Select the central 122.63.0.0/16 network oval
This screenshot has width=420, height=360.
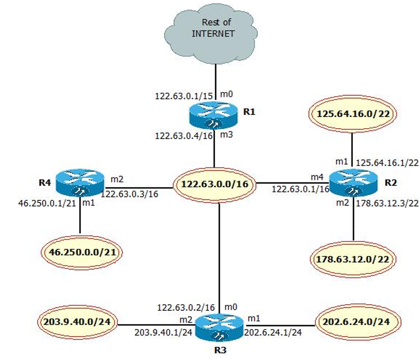tap(214, 185)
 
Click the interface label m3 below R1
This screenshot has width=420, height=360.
tap(227, 137)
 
